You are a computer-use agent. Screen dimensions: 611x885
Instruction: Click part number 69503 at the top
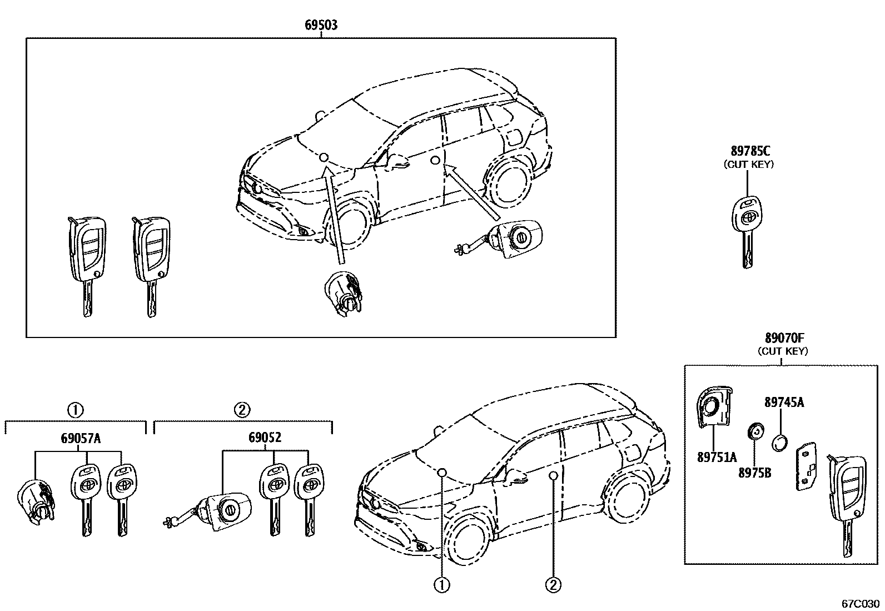click(x=321, y=25)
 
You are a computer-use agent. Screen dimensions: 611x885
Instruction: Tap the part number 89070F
click(x=783, y=338)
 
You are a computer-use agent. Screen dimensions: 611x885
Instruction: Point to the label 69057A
click(x=81, y=438)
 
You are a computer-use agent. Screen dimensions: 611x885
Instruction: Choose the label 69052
click(x=265, y=438)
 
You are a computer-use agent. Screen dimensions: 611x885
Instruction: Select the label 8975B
click(x=755, y=473)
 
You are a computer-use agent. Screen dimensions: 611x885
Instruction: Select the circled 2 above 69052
click(x=242, y=410)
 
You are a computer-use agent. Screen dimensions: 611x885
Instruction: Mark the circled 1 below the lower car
click(x=442, y=584)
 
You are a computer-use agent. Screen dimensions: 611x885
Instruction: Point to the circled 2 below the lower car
click(x=553, y=584)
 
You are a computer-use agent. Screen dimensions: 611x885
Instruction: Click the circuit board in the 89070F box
click(x=806, y=466)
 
